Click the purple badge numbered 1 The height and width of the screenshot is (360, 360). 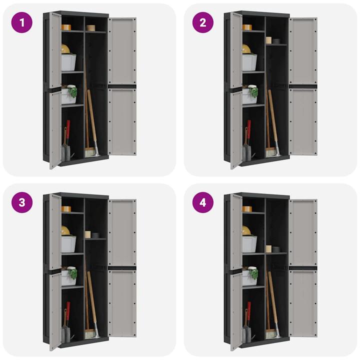[22, 22]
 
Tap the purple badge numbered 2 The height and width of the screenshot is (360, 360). [202, 22]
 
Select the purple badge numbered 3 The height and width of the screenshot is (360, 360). [22, 202]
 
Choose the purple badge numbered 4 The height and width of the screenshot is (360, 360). [202, 202]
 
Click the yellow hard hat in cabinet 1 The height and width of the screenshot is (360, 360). [65, 49]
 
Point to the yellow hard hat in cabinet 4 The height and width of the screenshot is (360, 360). [246, 230]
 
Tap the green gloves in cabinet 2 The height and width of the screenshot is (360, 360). [254, 91]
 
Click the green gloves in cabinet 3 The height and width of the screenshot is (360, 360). [73, 273]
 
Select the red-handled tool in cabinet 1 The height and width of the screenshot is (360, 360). [68, 129]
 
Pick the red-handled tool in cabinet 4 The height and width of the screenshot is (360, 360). [249, 311]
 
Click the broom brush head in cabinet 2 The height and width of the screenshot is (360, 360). [271, 152]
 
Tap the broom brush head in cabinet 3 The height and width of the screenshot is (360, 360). [90, 334]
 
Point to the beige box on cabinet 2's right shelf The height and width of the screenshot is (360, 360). [268, 40]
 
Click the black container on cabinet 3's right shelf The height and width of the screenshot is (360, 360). [95, 235]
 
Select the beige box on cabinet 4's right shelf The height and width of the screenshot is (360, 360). [268, 248]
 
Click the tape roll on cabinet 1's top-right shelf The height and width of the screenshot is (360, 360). [90, 28]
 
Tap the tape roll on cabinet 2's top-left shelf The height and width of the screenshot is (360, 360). [247, 27]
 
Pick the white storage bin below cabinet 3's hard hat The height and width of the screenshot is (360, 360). [68, 244]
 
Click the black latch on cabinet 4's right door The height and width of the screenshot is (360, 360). [303, 268]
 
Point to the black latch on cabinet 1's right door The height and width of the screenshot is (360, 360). [122, 86]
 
